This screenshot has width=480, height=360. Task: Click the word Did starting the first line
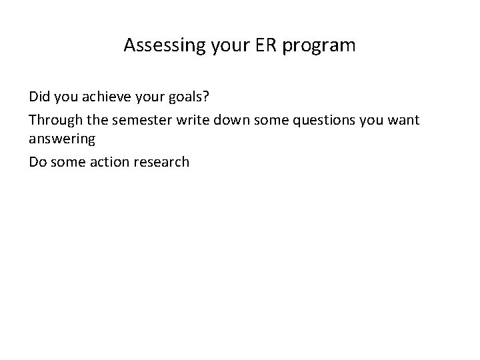39,97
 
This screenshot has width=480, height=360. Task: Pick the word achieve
105,97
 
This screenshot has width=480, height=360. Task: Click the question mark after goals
206,97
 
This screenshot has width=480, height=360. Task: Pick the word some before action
69,161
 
